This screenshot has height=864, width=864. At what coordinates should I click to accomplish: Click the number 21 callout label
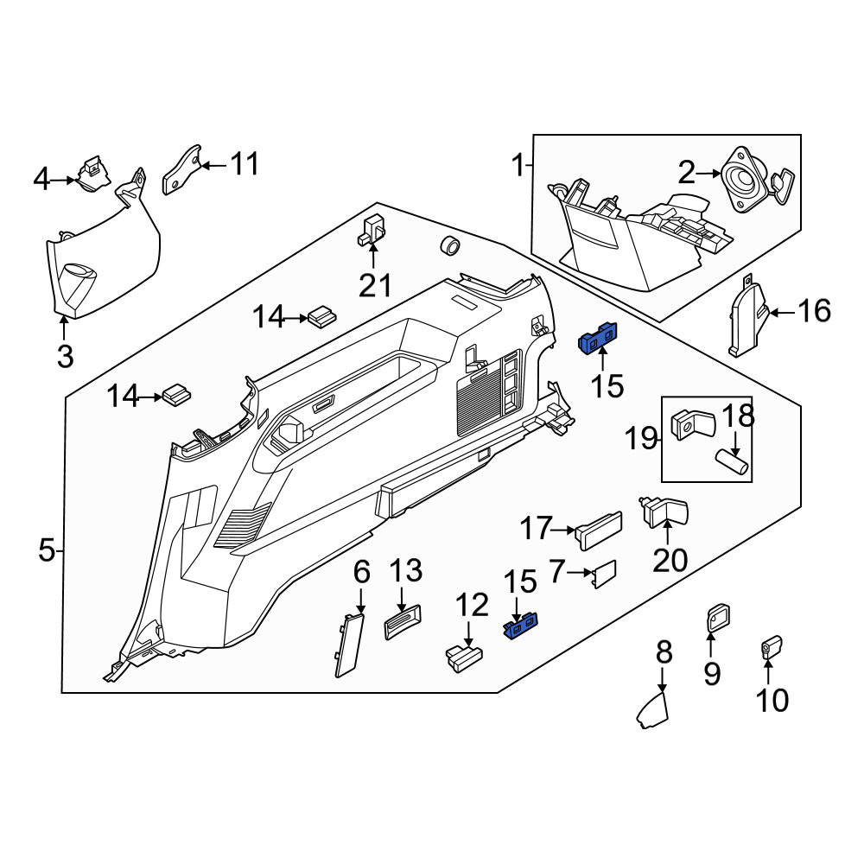375,285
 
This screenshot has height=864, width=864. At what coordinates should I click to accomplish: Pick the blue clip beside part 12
521,626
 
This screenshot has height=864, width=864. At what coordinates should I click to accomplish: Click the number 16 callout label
815,311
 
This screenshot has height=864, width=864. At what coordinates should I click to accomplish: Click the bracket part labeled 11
182,169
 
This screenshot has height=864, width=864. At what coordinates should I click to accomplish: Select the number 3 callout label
65,357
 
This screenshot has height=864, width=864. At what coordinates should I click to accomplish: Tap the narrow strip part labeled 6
349,645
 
